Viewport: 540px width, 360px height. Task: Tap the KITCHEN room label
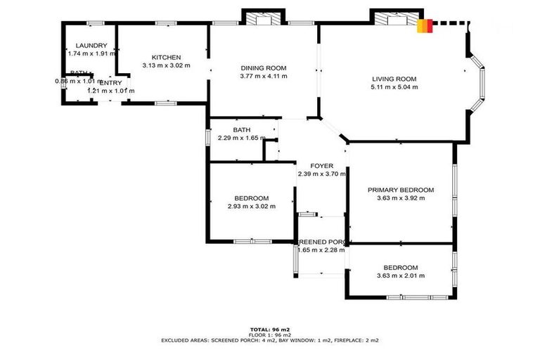167,58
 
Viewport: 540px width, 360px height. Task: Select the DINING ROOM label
264,68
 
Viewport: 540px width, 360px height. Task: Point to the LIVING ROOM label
394,79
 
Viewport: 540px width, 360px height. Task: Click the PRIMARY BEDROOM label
401,190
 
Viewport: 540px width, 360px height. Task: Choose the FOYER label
321,166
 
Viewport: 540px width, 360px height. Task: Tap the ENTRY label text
110,83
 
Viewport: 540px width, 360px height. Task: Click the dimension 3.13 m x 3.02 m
167,66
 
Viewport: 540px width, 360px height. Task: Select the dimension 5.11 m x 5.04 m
394,88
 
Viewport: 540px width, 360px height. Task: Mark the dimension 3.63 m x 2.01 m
401,276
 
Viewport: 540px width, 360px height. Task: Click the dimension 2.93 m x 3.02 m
251,207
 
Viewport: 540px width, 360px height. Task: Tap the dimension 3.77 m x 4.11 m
264,77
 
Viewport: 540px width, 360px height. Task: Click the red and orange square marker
423,26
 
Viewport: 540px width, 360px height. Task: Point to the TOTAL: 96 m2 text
270,329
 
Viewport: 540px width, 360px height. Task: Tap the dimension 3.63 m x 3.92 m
401,198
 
